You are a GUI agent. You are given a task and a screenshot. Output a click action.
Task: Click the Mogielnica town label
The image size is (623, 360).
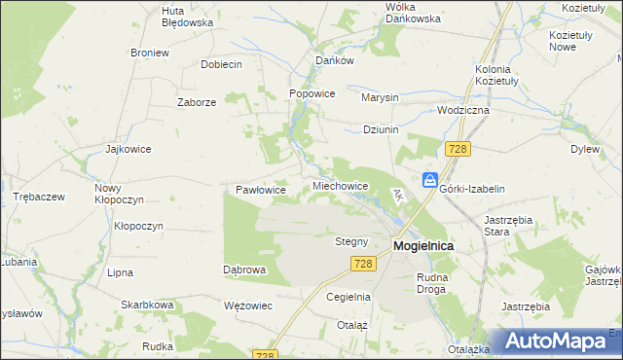click(x=422, y=246)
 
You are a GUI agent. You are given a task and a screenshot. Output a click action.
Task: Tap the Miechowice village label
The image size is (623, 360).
click(x=340, y=185)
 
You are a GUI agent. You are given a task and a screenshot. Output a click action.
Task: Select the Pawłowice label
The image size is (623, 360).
click(x=261, y=190)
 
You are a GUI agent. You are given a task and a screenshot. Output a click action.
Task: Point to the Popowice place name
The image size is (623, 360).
click(x=312, y=93)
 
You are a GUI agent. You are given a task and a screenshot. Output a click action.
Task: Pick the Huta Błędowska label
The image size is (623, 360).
click(x=187, y=16)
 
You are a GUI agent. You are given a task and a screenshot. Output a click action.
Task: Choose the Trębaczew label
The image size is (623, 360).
click(x=39, y=196)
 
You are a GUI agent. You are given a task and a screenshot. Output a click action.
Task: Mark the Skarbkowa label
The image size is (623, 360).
click(x=147, y=305)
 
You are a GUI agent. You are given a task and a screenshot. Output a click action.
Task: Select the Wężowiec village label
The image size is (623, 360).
click(x=247, y=306)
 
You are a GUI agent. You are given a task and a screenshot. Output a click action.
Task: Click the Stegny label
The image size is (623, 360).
click(x=351, y=241)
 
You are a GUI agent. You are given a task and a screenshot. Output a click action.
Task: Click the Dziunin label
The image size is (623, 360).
click(x=381, y=129)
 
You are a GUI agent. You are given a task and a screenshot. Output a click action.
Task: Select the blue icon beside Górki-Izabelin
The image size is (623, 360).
click(x=429, y=180)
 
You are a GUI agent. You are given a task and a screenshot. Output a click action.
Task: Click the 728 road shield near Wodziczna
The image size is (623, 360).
click(x=458, y=149)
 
